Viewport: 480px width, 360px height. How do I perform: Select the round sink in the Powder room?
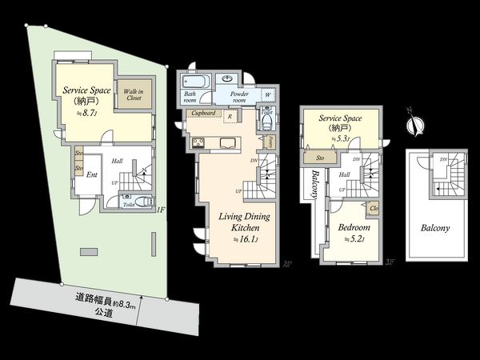tap(229, 78)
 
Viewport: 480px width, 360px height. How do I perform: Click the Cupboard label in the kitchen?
tap(203, 114)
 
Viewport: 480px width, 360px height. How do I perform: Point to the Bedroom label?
tap(353, 227)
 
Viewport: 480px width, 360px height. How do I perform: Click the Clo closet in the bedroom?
tap(374, 210)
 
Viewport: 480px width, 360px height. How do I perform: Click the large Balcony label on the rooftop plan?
tap(435, 228)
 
